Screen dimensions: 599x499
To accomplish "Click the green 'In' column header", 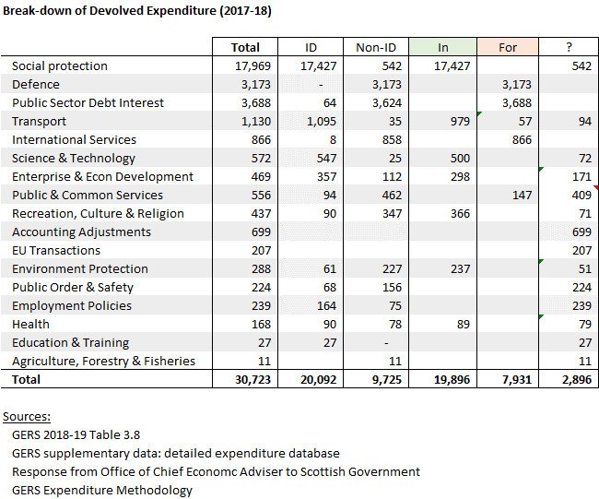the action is (442, 47).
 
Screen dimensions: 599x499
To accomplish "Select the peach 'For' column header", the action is (508, 47).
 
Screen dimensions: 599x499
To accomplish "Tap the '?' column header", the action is (569, 47).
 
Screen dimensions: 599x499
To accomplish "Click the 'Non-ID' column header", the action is (376, 47).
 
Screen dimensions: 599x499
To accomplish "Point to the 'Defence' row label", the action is (36, 84).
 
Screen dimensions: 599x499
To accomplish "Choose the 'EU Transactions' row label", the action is (56, 251).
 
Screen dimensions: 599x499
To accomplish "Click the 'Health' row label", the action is (30, 325).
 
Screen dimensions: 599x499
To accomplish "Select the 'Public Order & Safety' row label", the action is (73, 288).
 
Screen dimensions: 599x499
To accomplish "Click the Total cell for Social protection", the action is (253, 66).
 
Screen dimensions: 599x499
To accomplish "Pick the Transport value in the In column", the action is (460, 121).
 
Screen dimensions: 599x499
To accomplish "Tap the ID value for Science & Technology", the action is (326, 159).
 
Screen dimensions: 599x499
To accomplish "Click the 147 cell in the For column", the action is (522, 195).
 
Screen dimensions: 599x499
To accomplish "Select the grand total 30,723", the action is (253, 380).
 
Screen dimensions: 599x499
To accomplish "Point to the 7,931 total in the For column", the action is (516, 380).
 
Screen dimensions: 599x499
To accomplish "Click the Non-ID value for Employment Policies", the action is (395, 306).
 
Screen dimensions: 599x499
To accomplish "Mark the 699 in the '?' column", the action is (581, 232).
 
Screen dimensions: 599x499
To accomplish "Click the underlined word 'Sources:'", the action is (27, 416).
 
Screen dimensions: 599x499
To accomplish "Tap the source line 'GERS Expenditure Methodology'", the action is (102, 491).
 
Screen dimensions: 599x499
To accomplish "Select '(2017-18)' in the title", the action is (245, 11).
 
